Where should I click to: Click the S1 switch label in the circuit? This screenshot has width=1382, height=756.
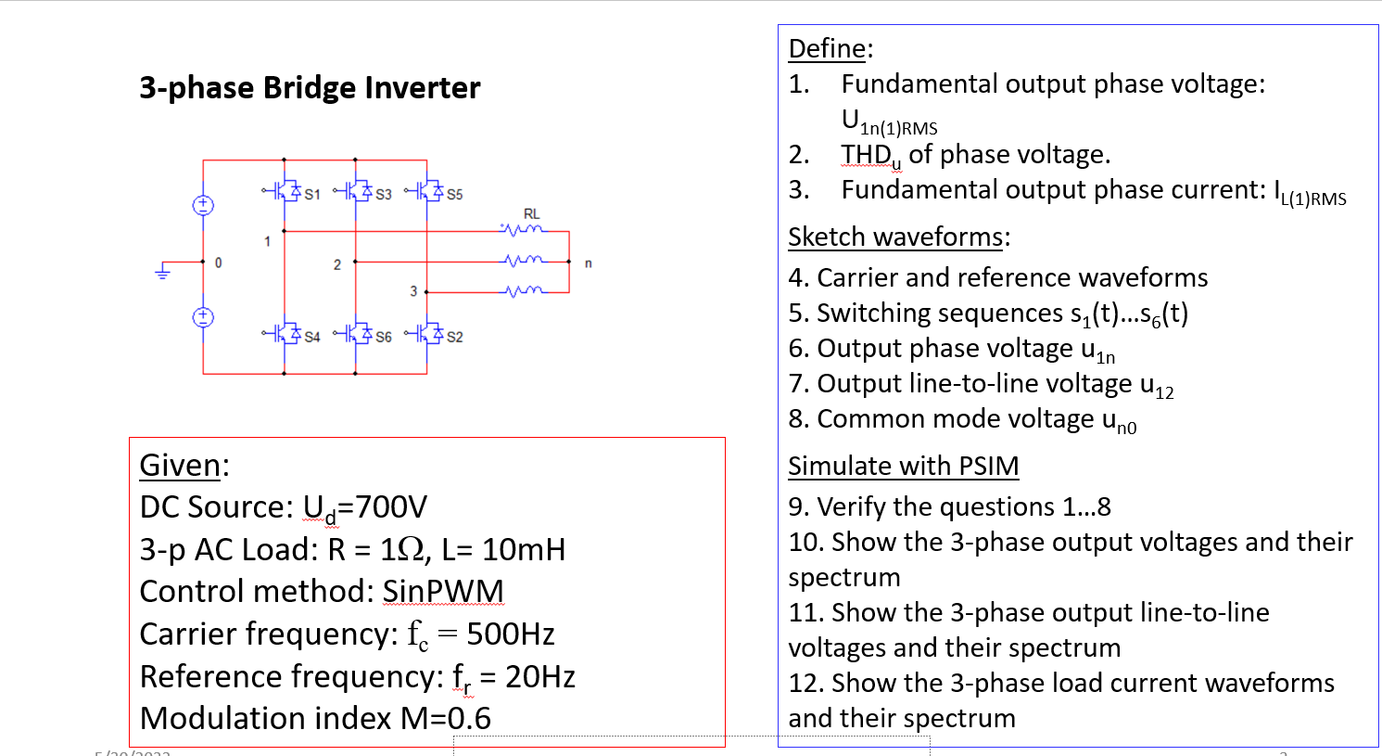pos(312,194)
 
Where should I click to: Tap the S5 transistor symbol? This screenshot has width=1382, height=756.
pos(426,191)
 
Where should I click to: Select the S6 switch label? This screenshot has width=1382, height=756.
pos(384,337)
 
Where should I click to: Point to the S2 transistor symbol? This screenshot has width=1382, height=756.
pos(426,333)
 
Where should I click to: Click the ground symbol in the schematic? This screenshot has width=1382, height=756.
pos(163,272)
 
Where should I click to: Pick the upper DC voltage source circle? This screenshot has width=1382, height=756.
pos(203,205)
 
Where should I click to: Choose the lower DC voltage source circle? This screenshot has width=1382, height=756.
pos(203,317)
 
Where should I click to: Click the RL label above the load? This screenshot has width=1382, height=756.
pos(531,213)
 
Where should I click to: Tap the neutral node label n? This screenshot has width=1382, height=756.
pos(588,263)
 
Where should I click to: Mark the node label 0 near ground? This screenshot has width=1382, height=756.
pos(219,263)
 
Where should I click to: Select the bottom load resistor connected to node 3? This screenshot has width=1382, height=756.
pos(524,291)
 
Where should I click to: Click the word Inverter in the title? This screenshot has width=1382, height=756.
pos(422,87)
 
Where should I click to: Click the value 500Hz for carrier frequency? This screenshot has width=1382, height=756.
pos(510,634)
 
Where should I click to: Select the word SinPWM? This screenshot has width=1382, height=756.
pos(443,592)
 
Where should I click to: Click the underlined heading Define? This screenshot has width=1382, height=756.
pos(828,48)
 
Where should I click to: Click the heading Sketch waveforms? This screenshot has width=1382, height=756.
pos(895,237)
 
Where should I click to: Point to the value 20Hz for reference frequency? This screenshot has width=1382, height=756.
pos(539,677)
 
